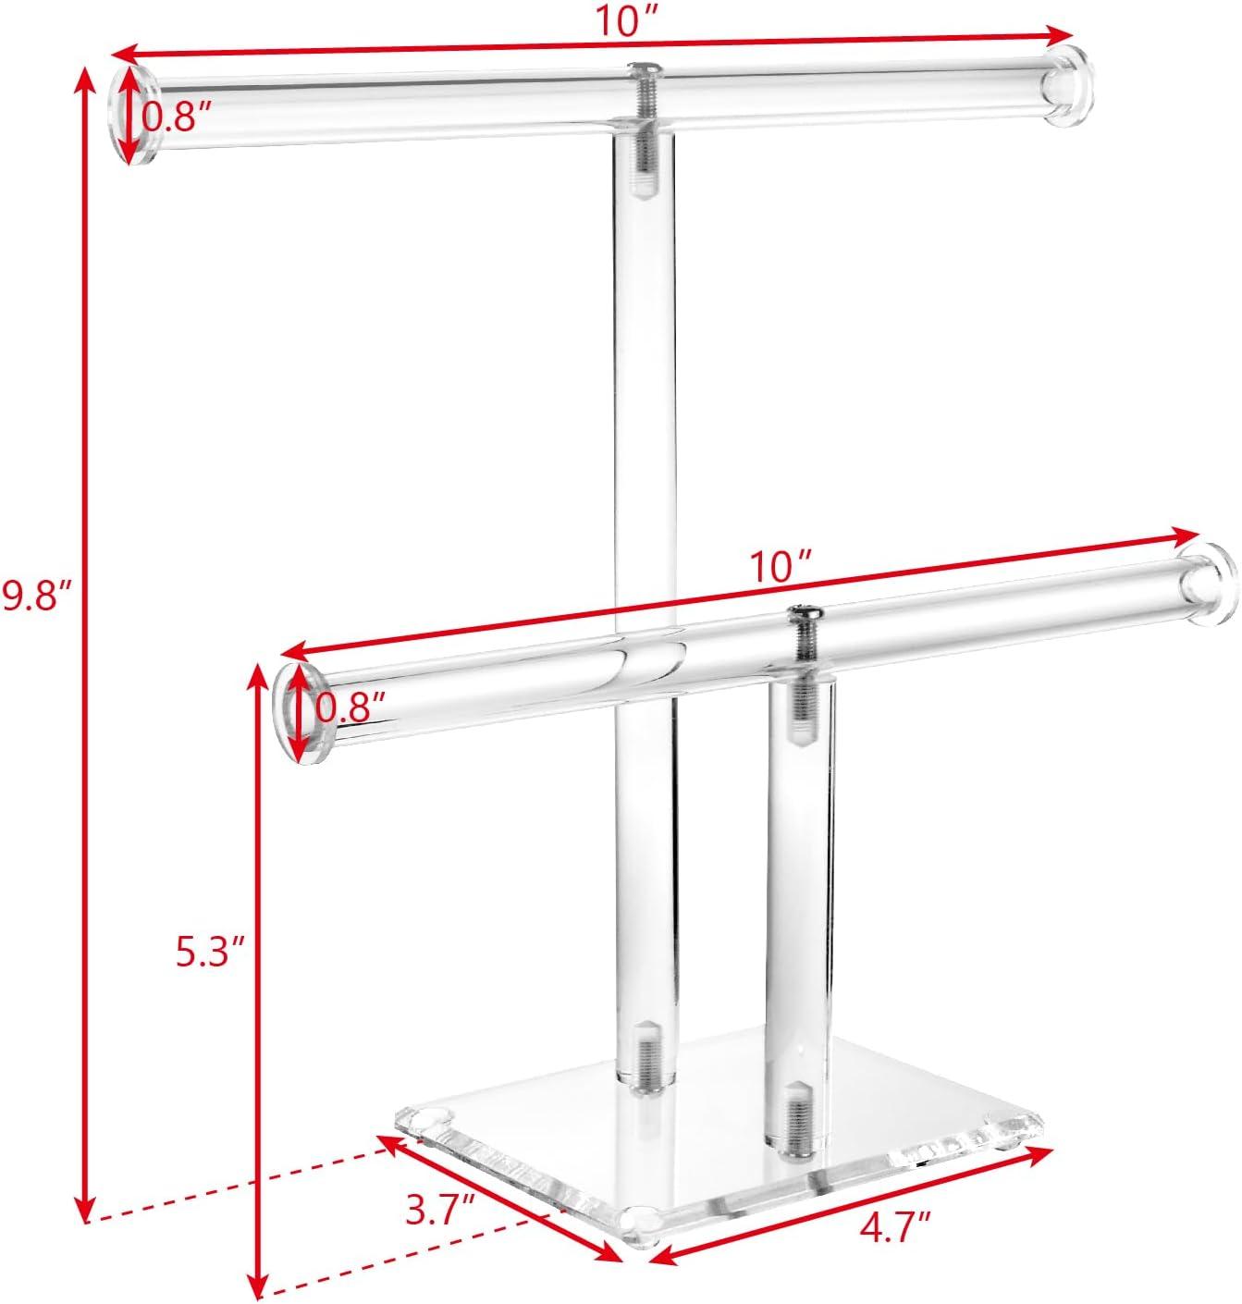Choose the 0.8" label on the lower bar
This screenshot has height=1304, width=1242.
pyautogui.click(x=350, y=708)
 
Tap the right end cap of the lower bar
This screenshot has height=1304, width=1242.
pyautogui.click(x=1208, y=584)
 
